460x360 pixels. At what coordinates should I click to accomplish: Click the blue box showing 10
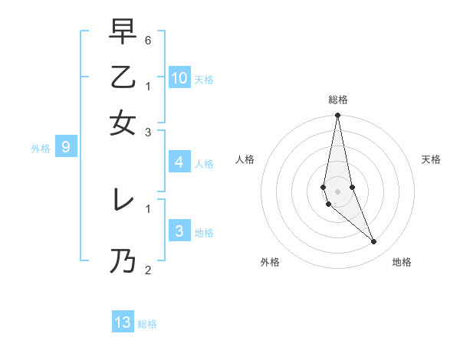(179, 77)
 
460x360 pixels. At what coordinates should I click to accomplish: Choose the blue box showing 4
(179, 162)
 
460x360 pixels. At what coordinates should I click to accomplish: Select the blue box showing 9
(65, 147)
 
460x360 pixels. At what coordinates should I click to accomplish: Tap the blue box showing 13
(123, 322)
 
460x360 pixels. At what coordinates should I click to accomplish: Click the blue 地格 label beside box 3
(204, 233)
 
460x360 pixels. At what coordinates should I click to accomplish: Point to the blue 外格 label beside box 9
(40, 149)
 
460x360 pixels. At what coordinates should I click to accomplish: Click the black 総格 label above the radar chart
(338, 100)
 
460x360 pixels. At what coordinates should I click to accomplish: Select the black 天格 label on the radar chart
(431, 159)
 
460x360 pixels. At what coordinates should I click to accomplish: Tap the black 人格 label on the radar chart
(245, 159)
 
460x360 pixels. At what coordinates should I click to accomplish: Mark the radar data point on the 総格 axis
(337, 116)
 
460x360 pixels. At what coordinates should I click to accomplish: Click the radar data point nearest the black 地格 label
(374, 241)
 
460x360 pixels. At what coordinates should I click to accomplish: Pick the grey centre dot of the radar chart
(337, 191)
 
